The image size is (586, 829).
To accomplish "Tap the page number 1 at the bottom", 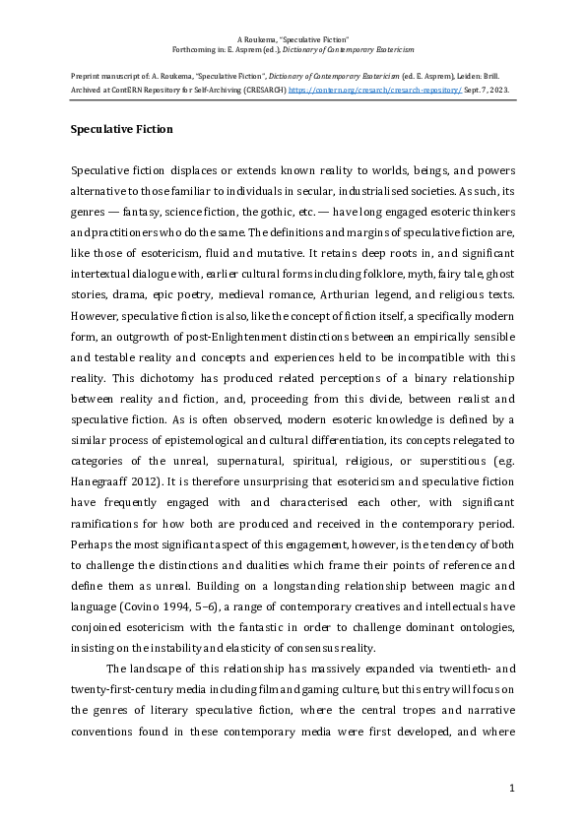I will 513,789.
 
